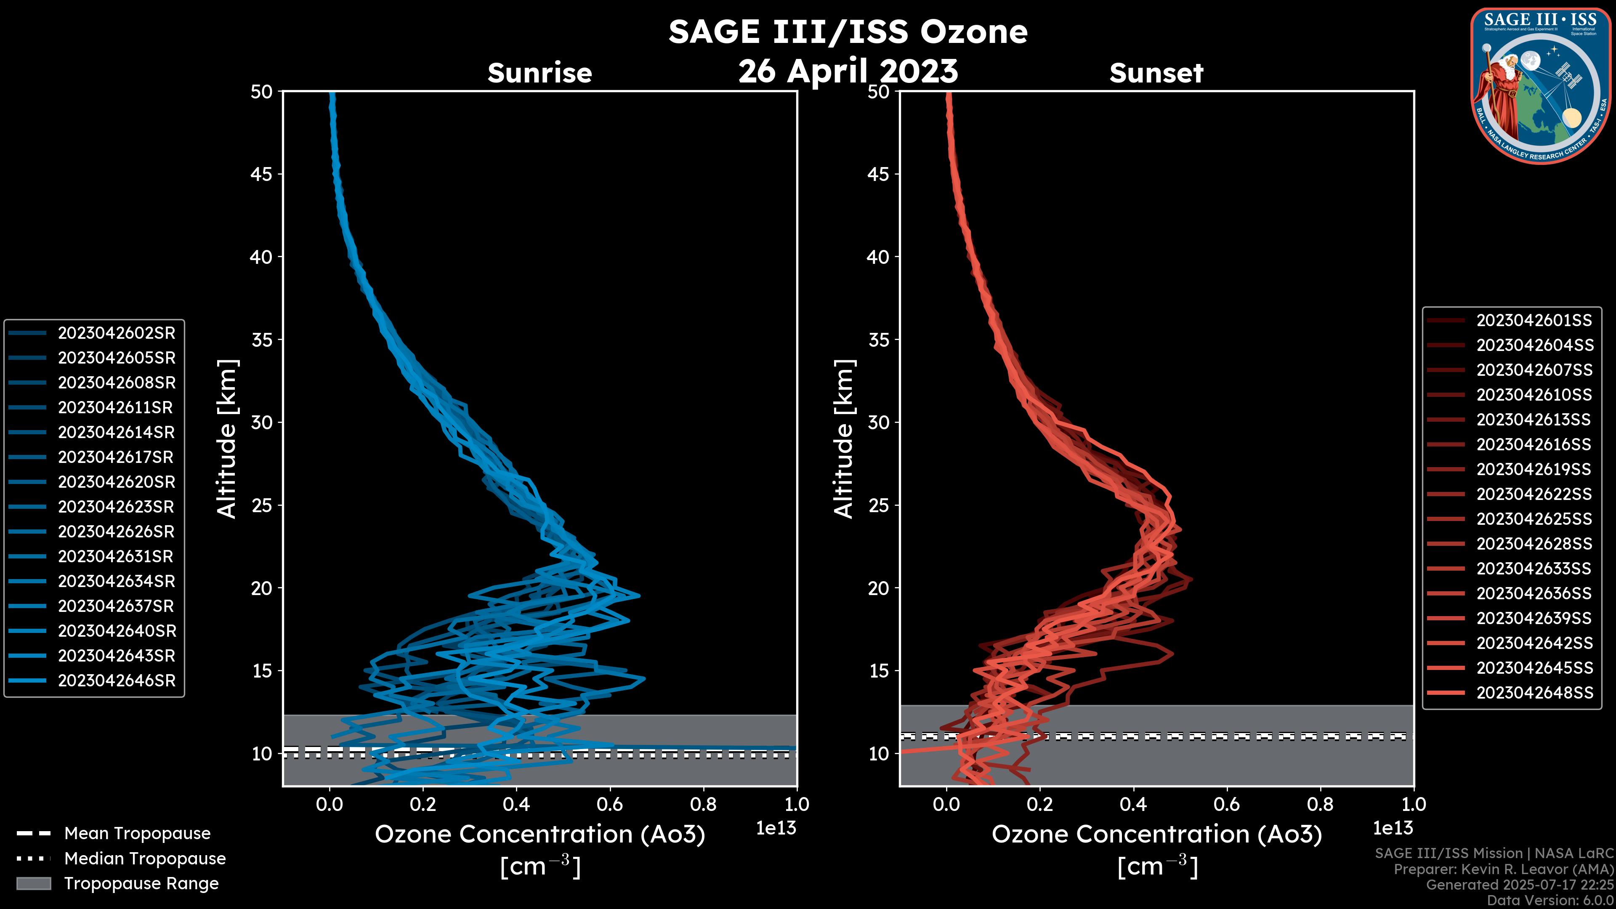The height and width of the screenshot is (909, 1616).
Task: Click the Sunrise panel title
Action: (x=540, y=73)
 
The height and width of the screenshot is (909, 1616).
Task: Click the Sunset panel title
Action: (x=1156, y=73)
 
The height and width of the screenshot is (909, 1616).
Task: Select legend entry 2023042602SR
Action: (x=116, y=333)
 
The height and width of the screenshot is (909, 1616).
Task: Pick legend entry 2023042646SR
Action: (x=116, y=680)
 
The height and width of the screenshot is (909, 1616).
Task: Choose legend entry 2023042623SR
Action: (x=116, y=507)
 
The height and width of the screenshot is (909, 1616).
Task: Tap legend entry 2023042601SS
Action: (x=1534, y=321)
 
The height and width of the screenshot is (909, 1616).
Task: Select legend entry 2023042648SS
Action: (x=1534, y=693)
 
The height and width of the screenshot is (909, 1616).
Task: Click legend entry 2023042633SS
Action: (x=1534, y=569)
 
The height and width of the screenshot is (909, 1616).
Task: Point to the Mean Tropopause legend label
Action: (x=137, y=833)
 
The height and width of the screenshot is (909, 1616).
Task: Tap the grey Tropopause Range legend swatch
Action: (x=33, y=883)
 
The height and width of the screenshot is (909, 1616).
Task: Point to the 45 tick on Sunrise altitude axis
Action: (x=262, y=174)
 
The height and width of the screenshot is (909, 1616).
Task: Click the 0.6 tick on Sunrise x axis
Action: (x=610, y=804)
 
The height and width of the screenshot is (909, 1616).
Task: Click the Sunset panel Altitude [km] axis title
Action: (x=844, y=439)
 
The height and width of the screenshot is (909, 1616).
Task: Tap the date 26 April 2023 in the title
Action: (x=848, y=71)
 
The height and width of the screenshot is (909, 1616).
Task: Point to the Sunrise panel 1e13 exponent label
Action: (x=776, y=828)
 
